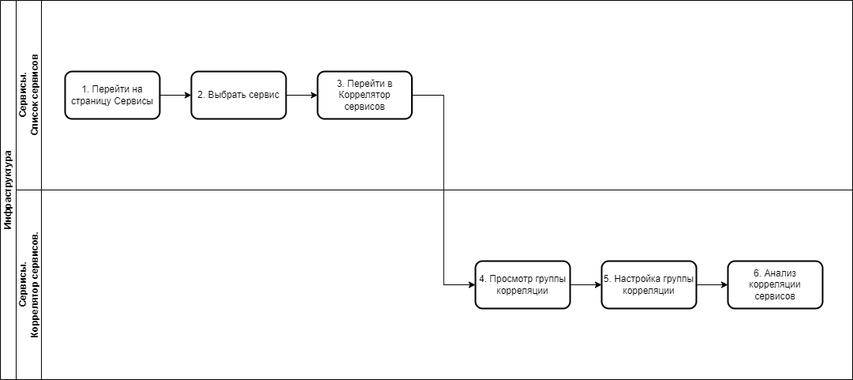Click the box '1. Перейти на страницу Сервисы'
(x=113, y=95)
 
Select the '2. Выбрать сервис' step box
(x=238, y=95)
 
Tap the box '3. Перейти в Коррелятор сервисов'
(x=365, y=95)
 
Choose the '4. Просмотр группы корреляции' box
(x=523, y=284)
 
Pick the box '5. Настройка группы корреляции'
(x=649, y=284)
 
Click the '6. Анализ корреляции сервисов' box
(x=775, y=284)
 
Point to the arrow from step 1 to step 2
(x=176, y=96)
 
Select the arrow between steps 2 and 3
(x=302, y=96)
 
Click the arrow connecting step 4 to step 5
(x=586, y=284)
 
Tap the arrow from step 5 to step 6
(x=712, y=284)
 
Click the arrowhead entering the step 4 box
(x=472, y=284)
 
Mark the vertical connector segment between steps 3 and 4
(x=444, y=190)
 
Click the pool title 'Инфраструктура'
(x=8, y=190)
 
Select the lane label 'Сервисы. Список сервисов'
(x=29, y=95)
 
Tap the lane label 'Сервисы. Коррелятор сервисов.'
(x=29, y=284)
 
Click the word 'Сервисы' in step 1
(x=134, y=100)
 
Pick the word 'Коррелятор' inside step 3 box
(x=365, y=95)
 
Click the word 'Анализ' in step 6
(x=780, y=273)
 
